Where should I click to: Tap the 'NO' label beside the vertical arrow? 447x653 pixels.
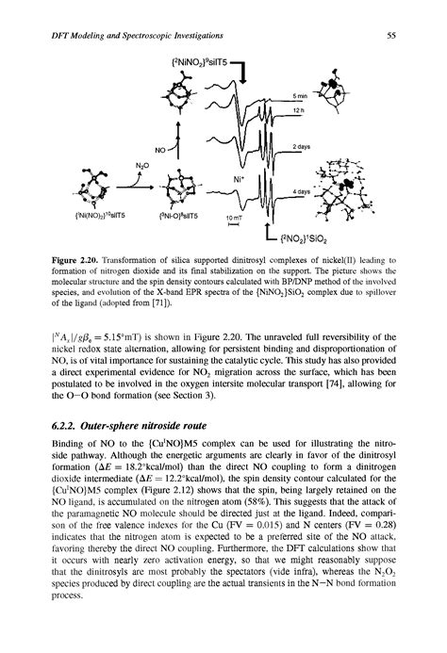[160, 149]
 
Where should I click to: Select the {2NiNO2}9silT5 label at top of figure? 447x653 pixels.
[199, 63]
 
